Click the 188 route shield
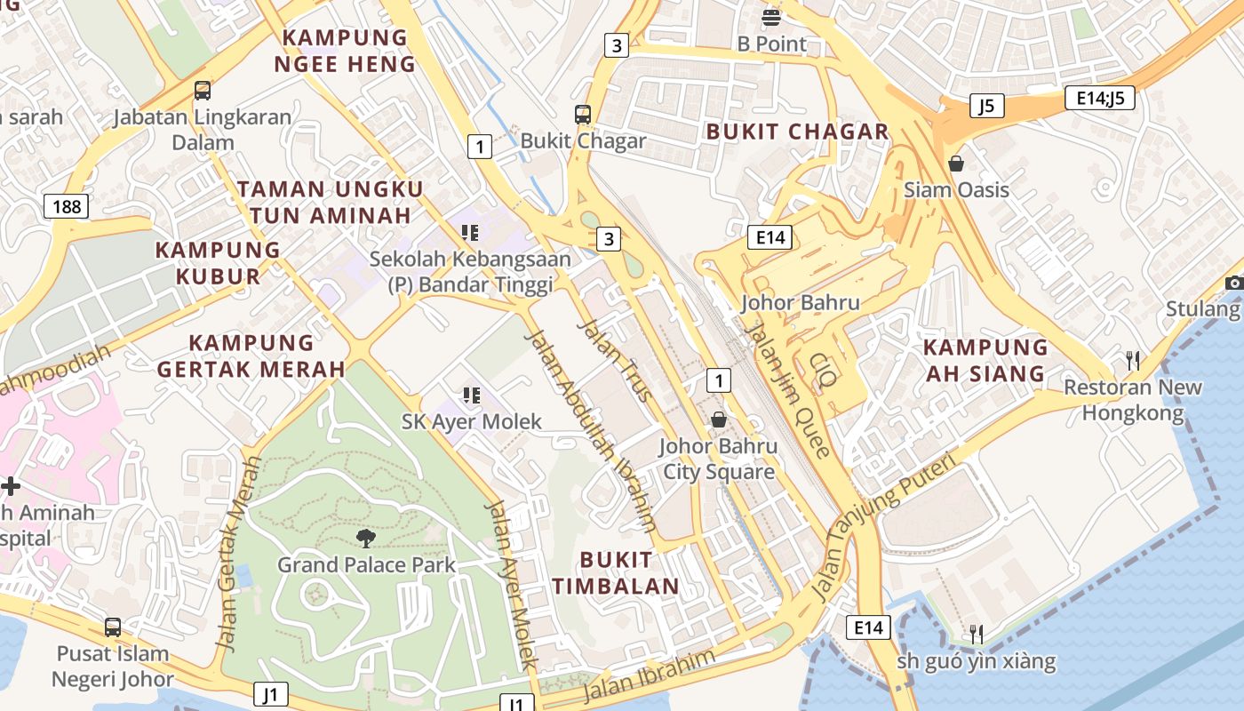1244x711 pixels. point(67,207)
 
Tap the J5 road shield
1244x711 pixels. point(985,107)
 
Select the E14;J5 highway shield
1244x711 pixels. point(1099,98)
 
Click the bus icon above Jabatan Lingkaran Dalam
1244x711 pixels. point(203,90)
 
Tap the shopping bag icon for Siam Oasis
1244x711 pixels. point(956,164)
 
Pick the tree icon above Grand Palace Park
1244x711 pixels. point(365,537)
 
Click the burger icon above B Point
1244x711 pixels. point(771,17)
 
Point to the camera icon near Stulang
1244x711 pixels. point(1233,283)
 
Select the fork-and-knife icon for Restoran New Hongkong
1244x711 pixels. point(1132,360)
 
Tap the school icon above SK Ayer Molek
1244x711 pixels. point(471,395)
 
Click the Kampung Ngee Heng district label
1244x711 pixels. point(345,51)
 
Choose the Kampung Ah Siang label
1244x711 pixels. point(985,360)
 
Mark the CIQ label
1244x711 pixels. point(823,371)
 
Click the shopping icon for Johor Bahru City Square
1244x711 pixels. point(718,419)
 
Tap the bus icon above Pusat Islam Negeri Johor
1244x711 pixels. point(113,627)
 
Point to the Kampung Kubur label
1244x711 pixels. point(218,263)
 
